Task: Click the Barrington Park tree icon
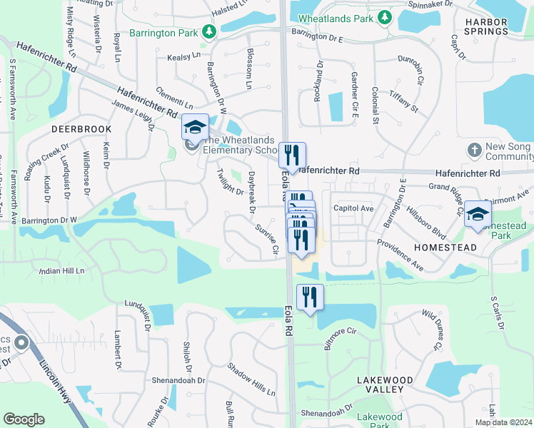208,31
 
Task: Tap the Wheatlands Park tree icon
385,16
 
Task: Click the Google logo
24,419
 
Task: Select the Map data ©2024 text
503,422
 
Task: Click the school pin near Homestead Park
477,214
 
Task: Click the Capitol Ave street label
353,208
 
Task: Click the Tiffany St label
404,101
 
